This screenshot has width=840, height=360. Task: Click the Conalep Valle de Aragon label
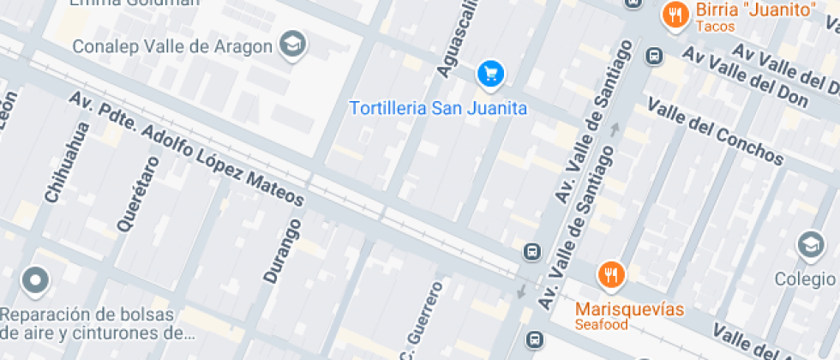point(171,46)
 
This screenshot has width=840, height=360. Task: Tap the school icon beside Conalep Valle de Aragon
point(294,45)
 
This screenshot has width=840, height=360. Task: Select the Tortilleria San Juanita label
point(438,109)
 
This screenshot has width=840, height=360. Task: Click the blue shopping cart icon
point(490,74)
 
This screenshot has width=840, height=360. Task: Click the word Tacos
point(716,27)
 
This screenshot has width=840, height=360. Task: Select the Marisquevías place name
point(629,309)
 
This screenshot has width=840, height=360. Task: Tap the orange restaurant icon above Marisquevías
point(611,274)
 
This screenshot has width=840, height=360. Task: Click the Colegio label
point(805,279)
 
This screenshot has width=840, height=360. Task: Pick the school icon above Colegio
point(810,245)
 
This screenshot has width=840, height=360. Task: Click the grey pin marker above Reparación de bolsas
point(35,279)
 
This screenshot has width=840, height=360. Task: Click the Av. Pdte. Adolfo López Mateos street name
point(188,149)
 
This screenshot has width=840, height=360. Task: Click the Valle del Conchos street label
point(715,132)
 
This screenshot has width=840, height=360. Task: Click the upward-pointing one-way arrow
point(614,130)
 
